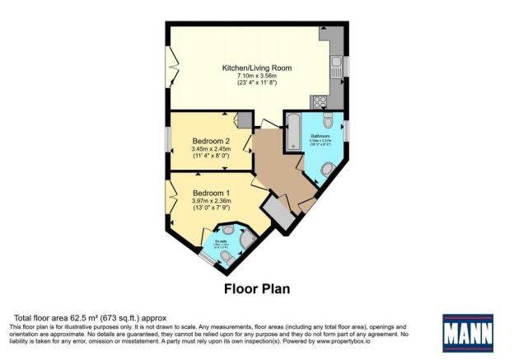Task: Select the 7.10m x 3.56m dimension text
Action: tap(257, 76)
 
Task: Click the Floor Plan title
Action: tap(257, 289)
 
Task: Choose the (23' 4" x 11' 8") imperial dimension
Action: tap(257, 83)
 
